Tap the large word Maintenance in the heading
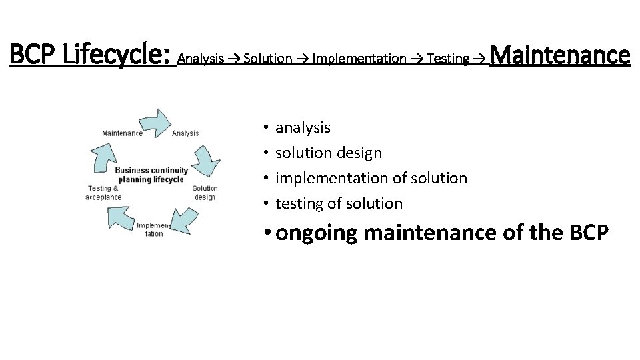click(559, 55)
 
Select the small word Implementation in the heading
click(359, 59)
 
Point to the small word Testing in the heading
click(448, 59)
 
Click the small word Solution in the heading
click(268, 59)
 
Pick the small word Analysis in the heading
click(201, 59)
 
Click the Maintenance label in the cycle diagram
click(122, 133)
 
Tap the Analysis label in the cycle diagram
click(185, 133)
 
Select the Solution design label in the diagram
click(205, 193)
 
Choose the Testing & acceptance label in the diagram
click(103, 193)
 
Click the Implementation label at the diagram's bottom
click(154, 229)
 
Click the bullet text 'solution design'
click(329, 153)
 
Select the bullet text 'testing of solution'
click(339, 203)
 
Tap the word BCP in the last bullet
click(589, 233)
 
